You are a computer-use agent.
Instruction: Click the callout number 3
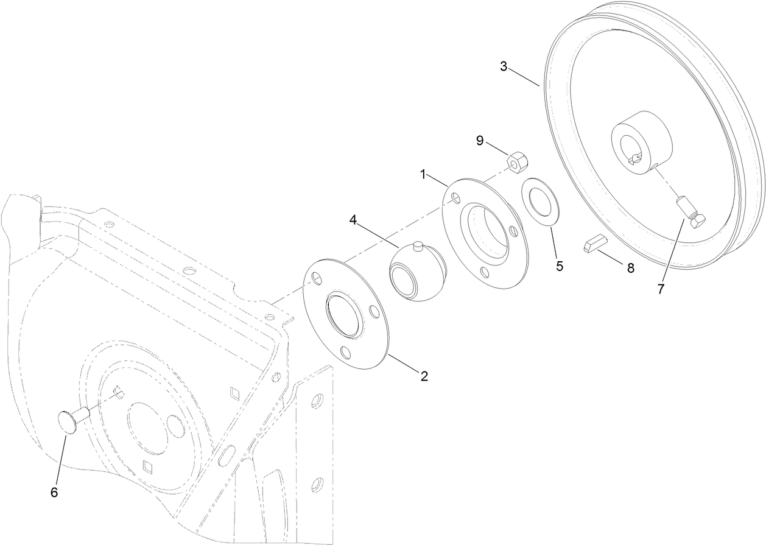504,66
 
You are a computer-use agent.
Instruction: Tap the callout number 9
480,141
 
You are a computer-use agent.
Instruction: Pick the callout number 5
559,266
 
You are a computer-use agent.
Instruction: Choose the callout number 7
661,289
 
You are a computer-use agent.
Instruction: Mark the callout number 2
424,376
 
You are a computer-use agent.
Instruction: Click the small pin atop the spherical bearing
417,245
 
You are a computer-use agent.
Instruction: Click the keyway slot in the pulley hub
634,159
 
